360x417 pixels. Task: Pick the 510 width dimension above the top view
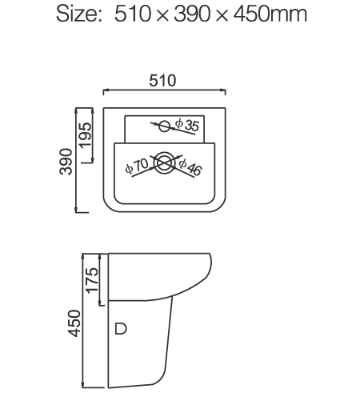tap(163, 81)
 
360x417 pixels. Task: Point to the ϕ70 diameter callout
tap(136, 166)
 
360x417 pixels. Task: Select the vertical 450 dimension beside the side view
tap(74, 323)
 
